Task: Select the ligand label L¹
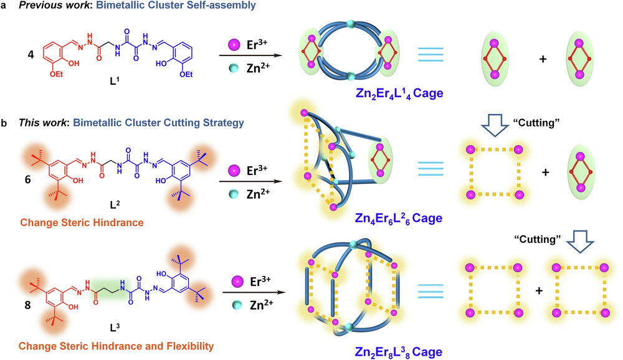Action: coord(115,81)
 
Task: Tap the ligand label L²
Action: coord(115,205)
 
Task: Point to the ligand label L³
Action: coord(115,328)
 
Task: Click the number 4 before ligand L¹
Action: coord(31,54)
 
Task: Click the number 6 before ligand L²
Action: coord(28,179)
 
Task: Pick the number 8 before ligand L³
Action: coord(27,305)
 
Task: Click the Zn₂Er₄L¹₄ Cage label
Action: coord(399,94)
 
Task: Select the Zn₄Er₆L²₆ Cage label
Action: coord(399,219)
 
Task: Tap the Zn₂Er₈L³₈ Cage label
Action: coord(399,352)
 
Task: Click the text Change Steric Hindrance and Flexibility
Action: coord(116,346)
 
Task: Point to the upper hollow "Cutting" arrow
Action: coord(495,125)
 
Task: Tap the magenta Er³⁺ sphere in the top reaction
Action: coord(234,44)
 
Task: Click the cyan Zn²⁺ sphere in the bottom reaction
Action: coord(237,305)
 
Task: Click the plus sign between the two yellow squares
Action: coord(539,291)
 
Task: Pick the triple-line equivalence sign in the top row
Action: coord(430,54)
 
